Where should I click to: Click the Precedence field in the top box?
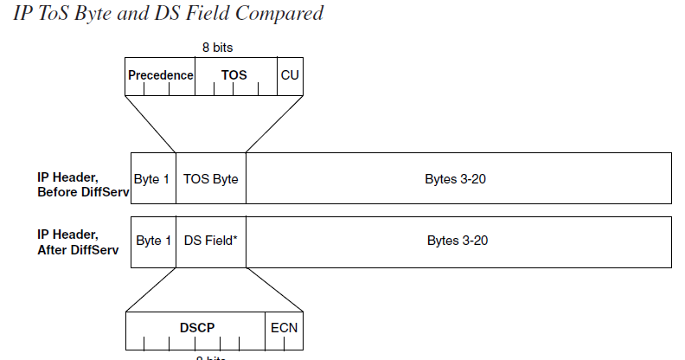coord(160,75)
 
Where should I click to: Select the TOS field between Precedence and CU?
coord(234,75)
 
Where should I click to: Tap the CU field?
coord(290,75)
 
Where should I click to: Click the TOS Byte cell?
coord(210,179)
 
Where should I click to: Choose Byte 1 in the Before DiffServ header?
coord(152,179)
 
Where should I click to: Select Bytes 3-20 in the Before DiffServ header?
coord(458,179)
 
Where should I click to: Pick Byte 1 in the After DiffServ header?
coord(153,241)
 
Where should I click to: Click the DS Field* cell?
coord(210,241)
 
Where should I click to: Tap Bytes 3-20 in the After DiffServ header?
coord(458,241)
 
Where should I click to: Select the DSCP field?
coord(196,328)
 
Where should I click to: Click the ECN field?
coord(284,328)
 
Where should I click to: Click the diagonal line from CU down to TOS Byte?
coord(275,123)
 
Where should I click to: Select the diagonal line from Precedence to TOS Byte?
coord(150,123)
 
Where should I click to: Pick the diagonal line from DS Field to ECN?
coord(274,288)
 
